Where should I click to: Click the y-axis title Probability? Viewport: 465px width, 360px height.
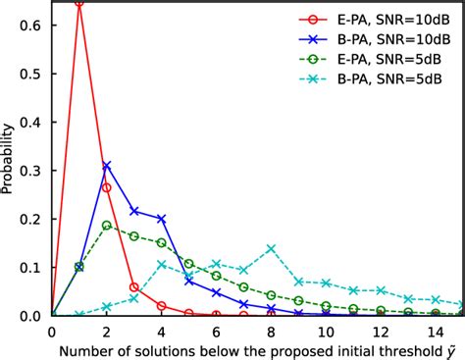tap(9, 158)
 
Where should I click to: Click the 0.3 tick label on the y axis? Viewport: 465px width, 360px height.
tap(32, 171)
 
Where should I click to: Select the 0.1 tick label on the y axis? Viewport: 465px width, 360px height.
tap(32, 267)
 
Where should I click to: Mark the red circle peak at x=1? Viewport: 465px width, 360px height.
tap(79, 3)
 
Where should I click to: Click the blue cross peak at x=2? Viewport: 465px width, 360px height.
tap(107, 166)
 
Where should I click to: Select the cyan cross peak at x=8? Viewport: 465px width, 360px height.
tap(271, 248)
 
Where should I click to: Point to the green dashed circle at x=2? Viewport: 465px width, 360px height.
tap(107, 225)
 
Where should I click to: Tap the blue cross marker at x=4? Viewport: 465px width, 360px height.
tap(161, 219)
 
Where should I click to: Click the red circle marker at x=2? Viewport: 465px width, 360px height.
tap(107, 187)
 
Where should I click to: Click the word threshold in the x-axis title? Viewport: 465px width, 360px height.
tap(387, 350)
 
